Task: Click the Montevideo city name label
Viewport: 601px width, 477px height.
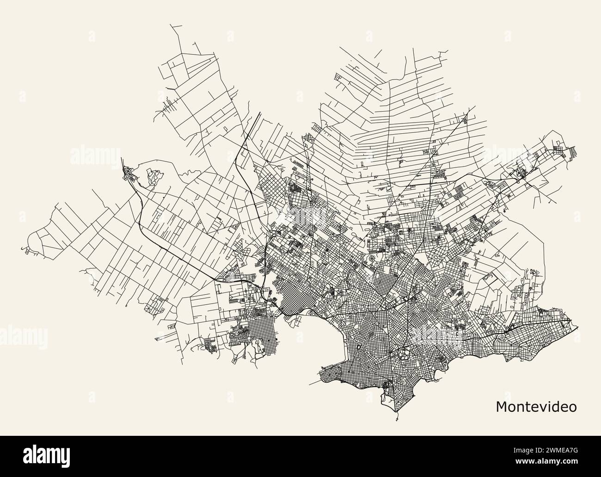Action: pyautogui.click(x=536, y=407)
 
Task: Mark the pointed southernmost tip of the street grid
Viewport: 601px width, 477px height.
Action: pyautogui.click(x=397, y=411)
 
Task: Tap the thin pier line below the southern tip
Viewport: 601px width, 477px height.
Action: pyautogui.click(x=397, y=418)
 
